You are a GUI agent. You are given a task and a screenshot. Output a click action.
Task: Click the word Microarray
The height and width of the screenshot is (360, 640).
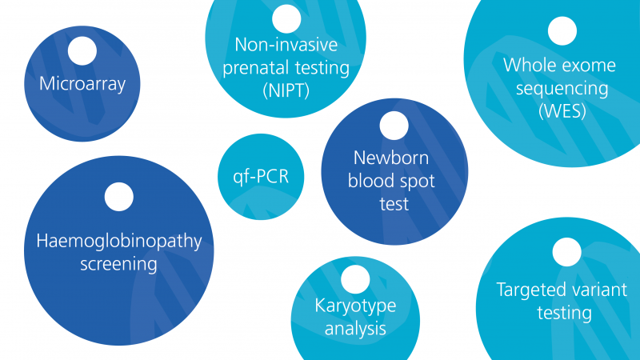tap(82, 85)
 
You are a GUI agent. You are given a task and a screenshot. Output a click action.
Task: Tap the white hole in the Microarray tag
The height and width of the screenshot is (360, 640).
tap(82, 51)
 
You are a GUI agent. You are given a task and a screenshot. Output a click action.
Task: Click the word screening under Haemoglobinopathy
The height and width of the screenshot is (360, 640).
tap(118, 265)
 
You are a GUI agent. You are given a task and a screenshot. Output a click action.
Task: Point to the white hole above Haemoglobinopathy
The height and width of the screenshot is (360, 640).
tap(118, 197)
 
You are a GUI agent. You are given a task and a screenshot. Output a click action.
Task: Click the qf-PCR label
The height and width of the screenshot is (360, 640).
tap(261, 177)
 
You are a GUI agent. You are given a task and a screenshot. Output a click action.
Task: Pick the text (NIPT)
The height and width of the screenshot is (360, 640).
tap(286, 90)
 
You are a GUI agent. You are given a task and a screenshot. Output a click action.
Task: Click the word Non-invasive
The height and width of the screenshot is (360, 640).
tap(286, 45)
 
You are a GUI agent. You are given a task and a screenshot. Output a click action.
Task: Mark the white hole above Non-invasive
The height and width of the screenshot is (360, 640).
tap(286, 18)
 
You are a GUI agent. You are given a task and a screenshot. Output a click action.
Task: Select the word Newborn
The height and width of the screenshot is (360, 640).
tap(391, 158)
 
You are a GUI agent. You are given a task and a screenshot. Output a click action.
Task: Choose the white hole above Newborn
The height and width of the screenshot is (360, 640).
tap(394, 126)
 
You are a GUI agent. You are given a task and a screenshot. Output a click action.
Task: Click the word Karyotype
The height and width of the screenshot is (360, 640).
tap(355, 306)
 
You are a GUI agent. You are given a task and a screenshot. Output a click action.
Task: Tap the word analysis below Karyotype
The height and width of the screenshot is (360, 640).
tap(355, 329)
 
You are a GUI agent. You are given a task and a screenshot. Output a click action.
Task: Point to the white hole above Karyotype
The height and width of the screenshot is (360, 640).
tap(355, 279)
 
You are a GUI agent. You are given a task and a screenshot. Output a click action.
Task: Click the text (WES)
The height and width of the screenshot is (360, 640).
tap(562, 111)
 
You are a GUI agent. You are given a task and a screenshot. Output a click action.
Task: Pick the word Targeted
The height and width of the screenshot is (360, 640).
tap(529, 290)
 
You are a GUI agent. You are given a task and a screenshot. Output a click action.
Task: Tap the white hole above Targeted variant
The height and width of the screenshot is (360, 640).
tap(567, 252)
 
